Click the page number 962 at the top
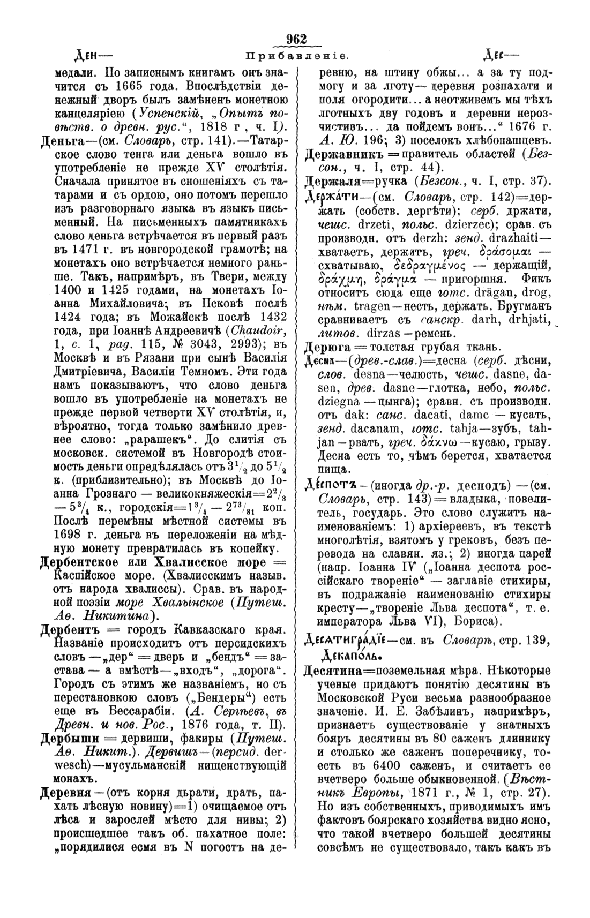(x=295, y=40)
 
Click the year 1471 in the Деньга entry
(x=83, y=248)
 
